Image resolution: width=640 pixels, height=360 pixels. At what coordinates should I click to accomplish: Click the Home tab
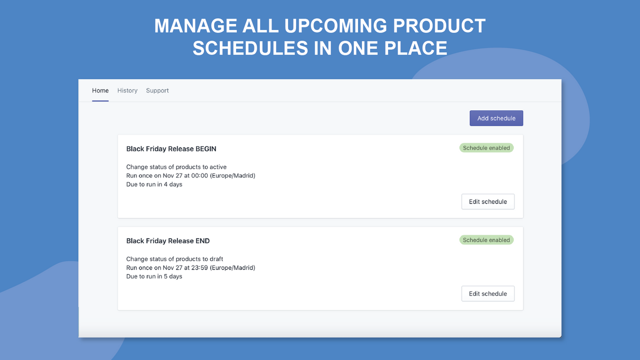coord(100,90)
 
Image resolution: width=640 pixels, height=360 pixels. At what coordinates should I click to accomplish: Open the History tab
coord(127,90)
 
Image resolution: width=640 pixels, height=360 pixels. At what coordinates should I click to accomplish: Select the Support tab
coord(157,90)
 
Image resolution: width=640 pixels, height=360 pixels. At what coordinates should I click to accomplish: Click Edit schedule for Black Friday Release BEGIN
coord(487,201)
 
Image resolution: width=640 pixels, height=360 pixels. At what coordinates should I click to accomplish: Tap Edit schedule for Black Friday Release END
coord(487,293)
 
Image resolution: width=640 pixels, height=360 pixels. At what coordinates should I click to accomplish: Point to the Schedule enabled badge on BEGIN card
coord(486,148)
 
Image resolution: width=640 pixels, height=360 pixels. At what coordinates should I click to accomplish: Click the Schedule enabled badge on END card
coord(486,240)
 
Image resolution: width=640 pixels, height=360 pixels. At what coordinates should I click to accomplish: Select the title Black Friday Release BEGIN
coord(171,149)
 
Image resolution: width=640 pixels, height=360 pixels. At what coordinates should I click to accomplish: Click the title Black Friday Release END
coord(168,241)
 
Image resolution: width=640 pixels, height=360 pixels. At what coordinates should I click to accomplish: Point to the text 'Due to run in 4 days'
coord(154,184)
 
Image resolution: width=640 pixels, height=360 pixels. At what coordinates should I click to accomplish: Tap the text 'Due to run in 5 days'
coord(154,276)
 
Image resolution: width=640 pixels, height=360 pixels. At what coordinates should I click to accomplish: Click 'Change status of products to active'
coord(176,167)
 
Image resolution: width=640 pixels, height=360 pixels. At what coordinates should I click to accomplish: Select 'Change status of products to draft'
coord(174,259)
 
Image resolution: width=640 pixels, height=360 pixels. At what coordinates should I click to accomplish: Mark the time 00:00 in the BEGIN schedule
coord(199,175)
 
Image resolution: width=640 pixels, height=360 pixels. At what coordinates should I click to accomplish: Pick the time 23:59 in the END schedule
coord(199,267)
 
